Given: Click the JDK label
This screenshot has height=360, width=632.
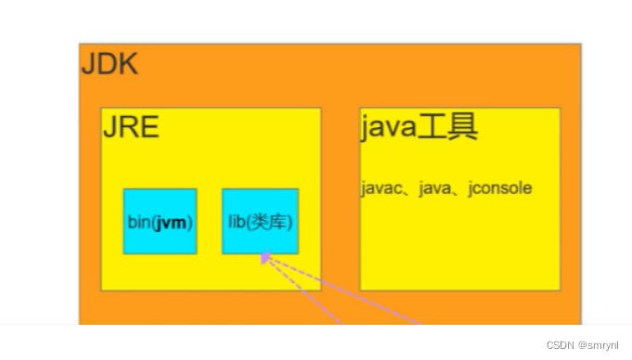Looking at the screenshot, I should pyautogui.click(x=110, y=64).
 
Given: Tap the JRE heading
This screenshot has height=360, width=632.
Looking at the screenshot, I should pyautogui.click(x=131, y=127).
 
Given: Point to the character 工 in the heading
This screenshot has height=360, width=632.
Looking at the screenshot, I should pyautogui.click(x=432, y=126).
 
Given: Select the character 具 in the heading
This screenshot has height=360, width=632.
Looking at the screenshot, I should pyautogui.click(x=462, y=126).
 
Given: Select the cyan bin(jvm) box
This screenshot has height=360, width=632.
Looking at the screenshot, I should pyautogui.click(x=160, y=221).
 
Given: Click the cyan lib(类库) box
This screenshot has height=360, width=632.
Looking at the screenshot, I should pyautogui.click(x=260, y=221).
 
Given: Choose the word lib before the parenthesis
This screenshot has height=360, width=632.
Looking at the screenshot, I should pyautogui.click(x=236, y=223).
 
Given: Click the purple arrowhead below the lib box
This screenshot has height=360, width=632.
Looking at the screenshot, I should pyautogui.click(x=265, y=259).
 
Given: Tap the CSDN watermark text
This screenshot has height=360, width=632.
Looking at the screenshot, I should pyautogui.click(x=561, y=344).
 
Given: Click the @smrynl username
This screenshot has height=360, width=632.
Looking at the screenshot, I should pyautogui.click(x=600, y=344).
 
